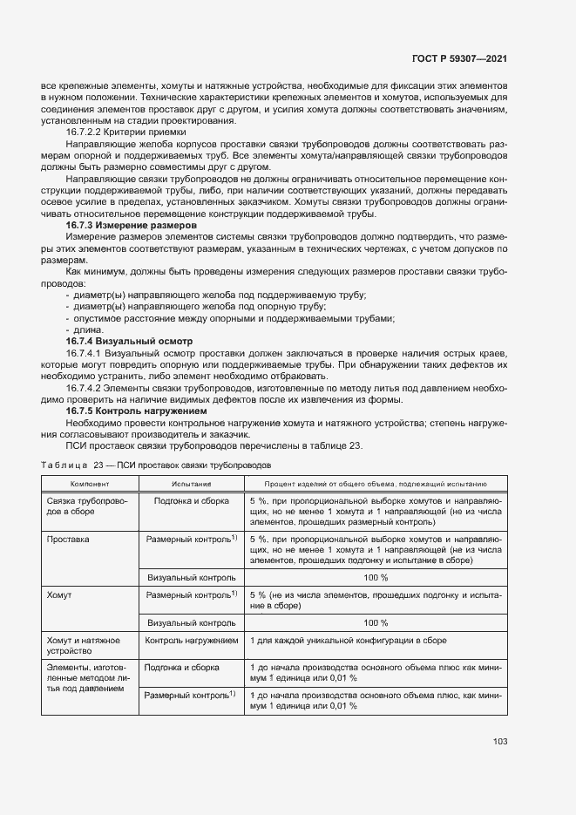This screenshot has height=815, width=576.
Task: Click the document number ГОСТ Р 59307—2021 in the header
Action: (x=458, y=58)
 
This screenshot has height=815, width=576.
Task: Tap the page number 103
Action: (x=499, y=742)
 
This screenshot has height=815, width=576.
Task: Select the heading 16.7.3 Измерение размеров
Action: (x=131, y=225)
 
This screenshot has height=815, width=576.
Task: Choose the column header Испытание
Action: (x=191, y=483)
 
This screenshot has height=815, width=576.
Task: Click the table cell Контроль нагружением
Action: (x=191, y=641)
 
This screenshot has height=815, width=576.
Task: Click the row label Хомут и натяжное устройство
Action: (x=81, y=646)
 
